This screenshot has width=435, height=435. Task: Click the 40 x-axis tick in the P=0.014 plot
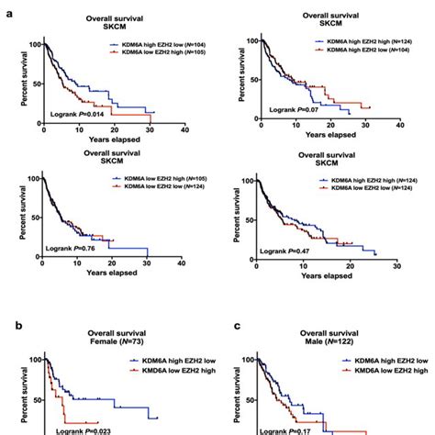coord(184,131)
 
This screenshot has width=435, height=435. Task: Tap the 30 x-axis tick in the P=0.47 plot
coord(395,264)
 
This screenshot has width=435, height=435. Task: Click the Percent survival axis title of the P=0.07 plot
coord(241,78)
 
